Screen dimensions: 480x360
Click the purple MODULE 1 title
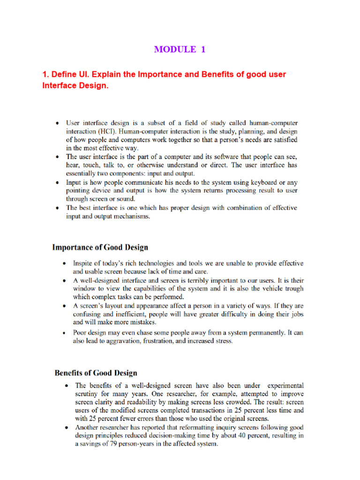point(180,50)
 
